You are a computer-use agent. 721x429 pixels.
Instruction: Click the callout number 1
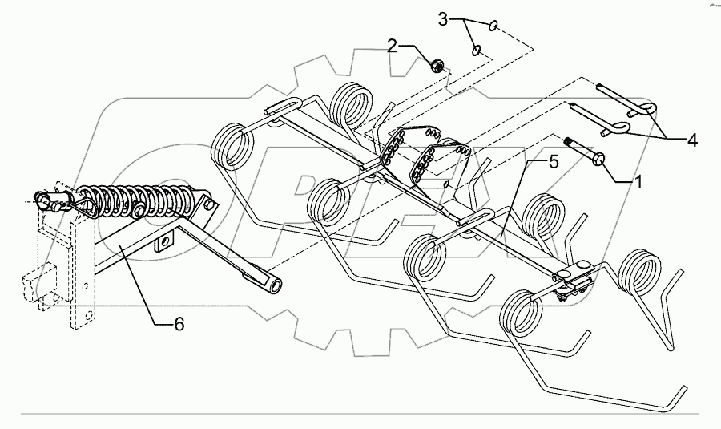pyautogui.click(x=638, y=182)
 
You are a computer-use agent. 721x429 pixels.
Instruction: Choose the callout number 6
pyautogui.click(x=179, y=324)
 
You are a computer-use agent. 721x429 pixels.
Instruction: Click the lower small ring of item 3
pyautogui.click(x=476, y=51)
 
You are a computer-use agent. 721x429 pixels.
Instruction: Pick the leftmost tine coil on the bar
pyautogui.click(x=232, y=145)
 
